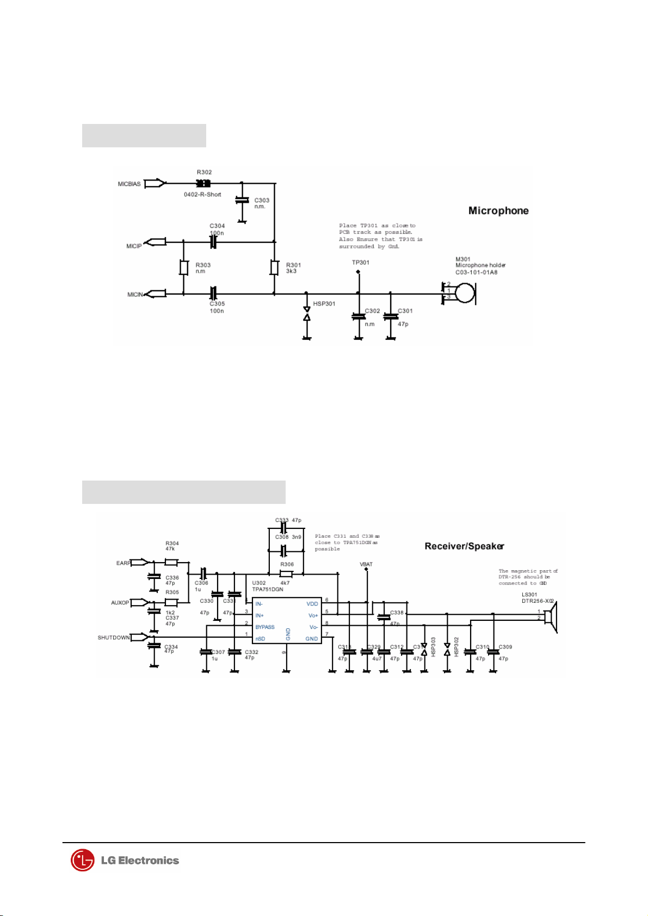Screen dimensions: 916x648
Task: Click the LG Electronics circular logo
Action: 82,861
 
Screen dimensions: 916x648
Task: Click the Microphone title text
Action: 498,211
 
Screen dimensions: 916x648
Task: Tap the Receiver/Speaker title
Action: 464,546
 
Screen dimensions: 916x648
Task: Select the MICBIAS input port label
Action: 129,184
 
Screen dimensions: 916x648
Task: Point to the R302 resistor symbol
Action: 203,184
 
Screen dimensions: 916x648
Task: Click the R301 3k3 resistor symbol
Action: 275,267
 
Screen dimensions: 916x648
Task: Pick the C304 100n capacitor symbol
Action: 213,242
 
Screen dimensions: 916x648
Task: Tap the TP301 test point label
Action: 360,263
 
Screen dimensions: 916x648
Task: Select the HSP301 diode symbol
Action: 306,313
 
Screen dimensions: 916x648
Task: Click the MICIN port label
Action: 135,295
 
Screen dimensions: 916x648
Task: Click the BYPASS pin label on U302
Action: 265,627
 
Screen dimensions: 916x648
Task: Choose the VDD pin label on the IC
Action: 312,604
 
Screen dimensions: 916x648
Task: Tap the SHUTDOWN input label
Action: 114,638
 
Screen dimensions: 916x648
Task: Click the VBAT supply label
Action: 366,564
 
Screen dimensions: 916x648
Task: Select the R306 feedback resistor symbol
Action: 286,574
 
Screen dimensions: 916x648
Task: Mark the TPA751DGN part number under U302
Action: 268,589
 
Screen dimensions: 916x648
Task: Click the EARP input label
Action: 124,563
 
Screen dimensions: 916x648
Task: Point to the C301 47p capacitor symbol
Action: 390,316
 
